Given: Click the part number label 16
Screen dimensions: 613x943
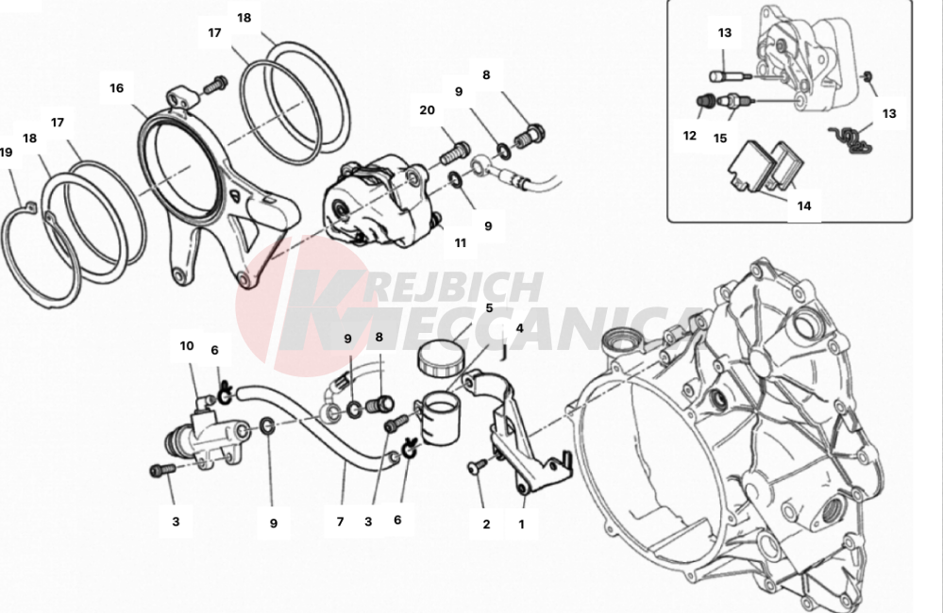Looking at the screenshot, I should tap(116, 89).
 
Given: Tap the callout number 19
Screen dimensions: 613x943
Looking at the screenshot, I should tap(6, 152).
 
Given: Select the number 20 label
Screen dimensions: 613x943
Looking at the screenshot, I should tap(427, 110).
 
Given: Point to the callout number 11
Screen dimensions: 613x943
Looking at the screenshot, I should tap(460, 242).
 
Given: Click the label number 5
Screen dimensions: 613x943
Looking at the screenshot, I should tap(489, 307).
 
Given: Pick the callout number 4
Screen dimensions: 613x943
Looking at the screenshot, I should tap(518, 329).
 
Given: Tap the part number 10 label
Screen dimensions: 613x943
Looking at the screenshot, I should tap(186, 346).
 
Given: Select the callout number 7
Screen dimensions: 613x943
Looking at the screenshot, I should tap(339, 521).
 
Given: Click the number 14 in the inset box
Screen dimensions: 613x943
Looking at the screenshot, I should tap(803, 205).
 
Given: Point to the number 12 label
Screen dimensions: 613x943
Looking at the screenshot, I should tap(689, 136).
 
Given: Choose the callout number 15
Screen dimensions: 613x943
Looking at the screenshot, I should tap(720, 138).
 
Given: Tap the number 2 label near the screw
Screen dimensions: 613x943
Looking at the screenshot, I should tap(486, 523).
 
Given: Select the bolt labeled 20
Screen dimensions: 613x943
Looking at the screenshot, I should tap(455, 149).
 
